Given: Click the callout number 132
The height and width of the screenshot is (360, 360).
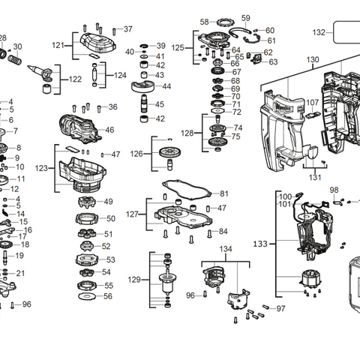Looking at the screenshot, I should click(x=319, y=32).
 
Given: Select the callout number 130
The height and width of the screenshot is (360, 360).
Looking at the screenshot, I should click(x=313, y=59).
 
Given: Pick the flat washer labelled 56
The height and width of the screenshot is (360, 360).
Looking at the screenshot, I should click(x=87, y=297).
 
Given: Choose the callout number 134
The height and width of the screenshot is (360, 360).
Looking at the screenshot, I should click(x=225, y=249).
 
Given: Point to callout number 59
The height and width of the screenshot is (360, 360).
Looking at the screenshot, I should click(x=245, y=18).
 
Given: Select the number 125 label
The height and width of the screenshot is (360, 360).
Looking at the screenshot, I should click(x=178, y=48).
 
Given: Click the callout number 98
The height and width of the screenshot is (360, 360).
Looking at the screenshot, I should click(x=334, y=190).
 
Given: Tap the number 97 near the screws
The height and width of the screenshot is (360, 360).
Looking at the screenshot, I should click(x=280, y=308).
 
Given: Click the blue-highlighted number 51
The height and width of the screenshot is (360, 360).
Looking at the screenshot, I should click(x=108, y=234).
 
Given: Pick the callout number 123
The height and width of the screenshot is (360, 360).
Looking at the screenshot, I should click(x=41, y=168).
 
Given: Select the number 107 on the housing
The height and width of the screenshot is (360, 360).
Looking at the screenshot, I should click(x=312, y=103).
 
